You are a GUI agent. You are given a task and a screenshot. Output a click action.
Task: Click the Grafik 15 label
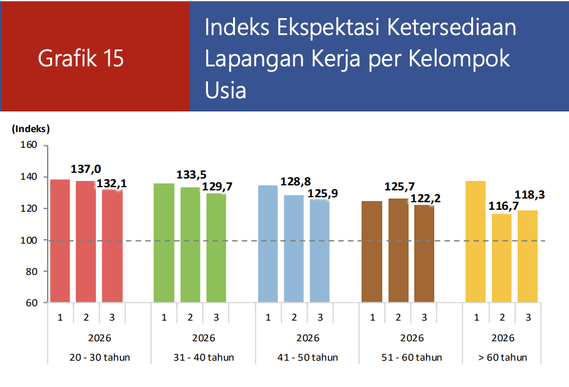(x=81, y=58)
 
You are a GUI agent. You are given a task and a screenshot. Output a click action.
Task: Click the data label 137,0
(x=86, y=169)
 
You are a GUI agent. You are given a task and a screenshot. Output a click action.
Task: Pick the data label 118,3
(x=530, y=195)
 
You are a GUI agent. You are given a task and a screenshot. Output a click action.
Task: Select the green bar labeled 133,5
(x=190, y=245)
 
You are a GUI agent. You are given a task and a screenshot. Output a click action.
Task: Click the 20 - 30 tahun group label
(x=99, y=358)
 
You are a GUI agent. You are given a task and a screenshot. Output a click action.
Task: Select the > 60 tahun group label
(x=503, y=358)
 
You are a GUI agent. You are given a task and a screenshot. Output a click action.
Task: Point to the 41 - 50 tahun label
(x=308, y=358)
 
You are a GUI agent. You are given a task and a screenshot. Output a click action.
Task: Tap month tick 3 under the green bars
(x=216, y=317)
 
